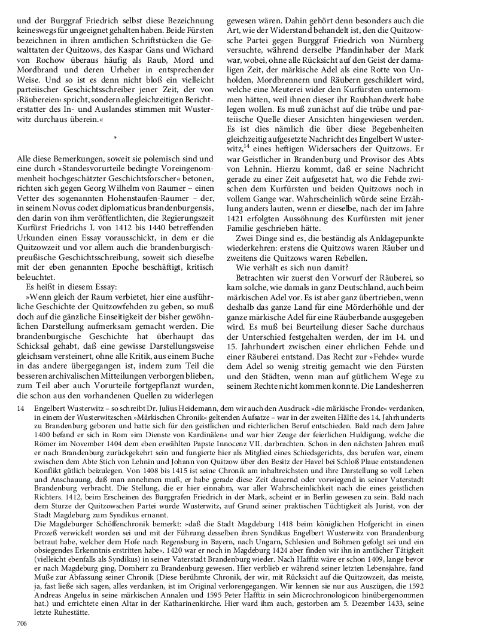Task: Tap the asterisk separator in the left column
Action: click(115, 139)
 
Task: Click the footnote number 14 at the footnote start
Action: click(21, 407)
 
